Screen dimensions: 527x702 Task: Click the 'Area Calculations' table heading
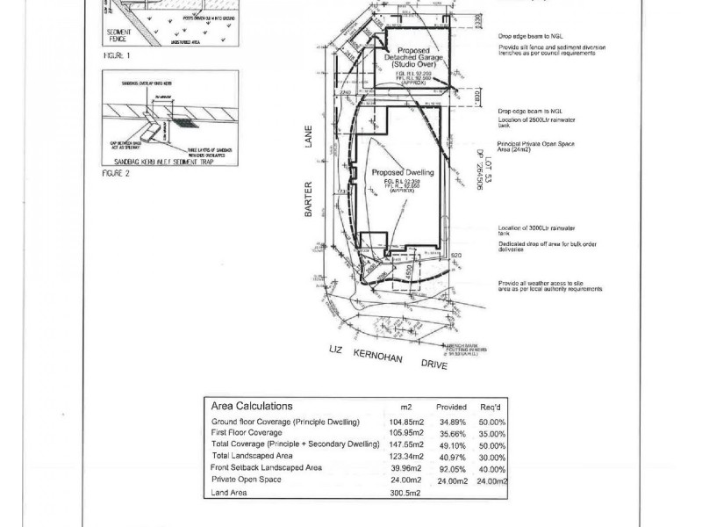(x=251, y=406)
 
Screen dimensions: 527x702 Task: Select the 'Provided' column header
(x=451, y=408)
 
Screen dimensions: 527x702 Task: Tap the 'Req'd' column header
(x=491, y=408)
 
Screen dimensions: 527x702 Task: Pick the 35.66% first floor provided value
(x=451, y=434)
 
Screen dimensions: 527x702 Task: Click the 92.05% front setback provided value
(x=451, y=468)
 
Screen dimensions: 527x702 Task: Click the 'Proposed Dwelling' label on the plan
(x=398, y=173)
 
